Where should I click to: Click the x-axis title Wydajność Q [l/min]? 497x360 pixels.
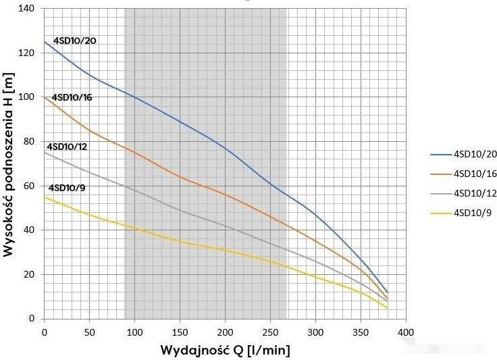[x=226, y=351]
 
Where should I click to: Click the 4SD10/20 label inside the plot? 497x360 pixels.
[x=74, y=41]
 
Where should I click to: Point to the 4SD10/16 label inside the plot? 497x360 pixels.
[x=72, y=97]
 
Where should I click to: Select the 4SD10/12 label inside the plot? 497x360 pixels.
[x=67, y=147]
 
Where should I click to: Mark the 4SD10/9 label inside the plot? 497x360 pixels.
[x=66, y=187]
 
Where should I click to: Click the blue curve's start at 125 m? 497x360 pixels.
[x=45, y=42]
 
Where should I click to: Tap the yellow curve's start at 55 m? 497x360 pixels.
[x=45, y=197]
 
